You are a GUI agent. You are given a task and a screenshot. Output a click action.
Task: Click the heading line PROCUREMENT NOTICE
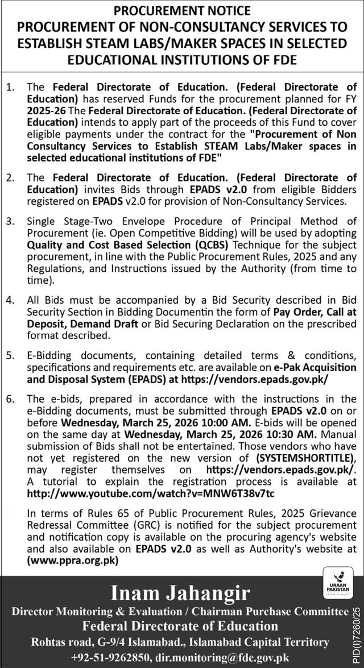point(181,10)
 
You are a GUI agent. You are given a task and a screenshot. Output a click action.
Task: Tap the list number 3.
point(10,221)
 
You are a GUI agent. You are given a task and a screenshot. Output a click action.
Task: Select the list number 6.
point(10,399)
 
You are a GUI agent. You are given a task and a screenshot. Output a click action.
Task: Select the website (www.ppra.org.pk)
point(72,559)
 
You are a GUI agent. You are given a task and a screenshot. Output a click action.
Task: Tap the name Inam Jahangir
point(181,593)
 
